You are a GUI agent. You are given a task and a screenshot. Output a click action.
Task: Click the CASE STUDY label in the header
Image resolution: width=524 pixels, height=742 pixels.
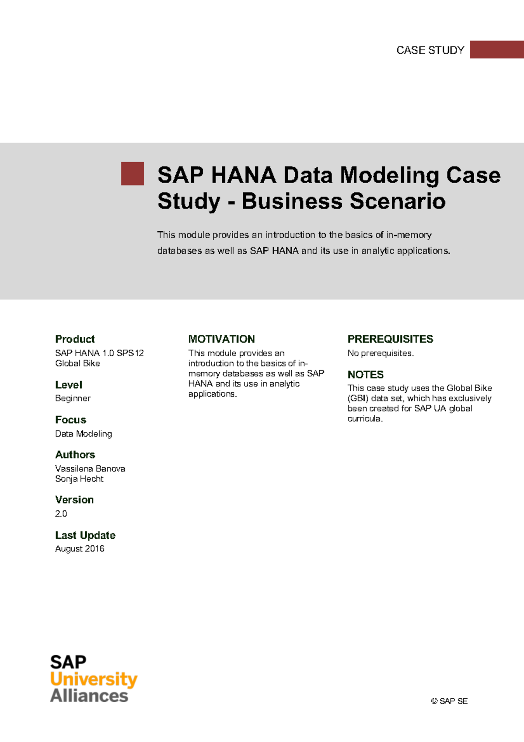click(x=430, y=50)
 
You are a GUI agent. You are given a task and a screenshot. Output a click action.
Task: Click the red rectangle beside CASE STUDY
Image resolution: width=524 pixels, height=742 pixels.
click(x=496, y=49)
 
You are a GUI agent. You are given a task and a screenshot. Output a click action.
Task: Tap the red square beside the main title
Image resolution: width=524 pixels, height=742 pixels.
click(x=132, y=173)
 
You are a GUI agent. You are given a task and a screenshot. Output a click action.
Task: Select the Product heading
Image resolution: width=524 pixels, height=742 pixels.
click(x=75, y=339)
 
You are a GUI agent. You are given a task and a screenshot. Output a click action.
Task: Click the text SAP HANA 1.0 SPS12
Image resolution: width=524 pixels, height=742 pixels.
click(x=99, y=353)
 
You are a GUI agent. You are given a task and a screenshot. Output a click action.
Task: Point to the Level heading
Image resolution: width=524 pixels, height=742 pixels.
click(x=69, y=385)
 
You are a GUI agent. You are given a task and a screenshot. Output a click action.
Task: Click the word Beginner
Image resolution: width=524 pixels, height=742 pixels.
click(x=72, y=399)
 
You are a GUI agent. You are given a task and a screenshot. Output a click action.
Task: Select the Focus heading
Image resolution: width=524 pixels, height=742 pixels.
click(x=70, y=420)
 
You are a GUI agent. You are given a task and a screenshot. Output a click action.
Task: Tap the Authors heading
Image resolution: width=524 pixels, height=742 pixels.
click(x=75, y=455)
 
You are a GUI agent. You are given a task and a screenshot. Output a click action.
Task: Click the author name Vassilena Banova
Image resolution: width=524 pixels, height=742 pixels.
click(x=90, y=468)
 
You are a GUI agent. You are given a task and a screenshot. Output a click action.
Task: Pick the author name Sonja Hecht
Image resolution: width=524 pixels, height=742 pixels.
click(x=79, y=479)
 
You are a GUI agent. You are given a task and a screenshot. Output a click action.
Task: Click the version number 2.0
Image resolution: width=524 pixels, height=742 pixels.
click(x=61, y=514)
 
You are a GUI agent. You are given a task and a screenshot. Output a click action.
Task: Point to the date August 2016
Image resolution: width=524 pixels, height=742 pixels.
click(x=79, y=549)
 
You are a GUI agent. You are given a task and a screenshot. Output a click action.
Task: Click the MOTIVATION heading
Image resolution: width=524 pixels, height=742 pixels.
click(x=221, y=339)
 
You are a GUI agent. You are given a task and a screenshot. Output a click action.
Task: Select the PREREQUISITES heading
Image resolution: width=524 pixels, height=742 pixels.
click(x=390, y=339)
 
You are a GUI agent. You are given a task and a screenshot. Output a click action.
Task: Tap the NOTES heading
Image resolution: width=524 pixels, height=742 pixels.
click(x=365, y=374)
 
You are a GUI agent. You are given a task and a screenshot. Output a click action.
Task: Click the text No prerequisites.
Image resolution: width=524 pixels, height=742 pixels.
click(x=380, y=353)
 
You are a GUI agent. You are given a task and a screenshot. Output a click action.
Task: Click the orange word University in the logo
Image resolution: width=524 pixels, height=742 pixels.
click(x=93, y=680)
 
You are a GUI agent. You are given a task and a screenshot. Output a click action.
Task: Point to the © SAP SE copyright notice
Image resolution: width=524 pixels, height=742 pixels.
click(x=449, y=701)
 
